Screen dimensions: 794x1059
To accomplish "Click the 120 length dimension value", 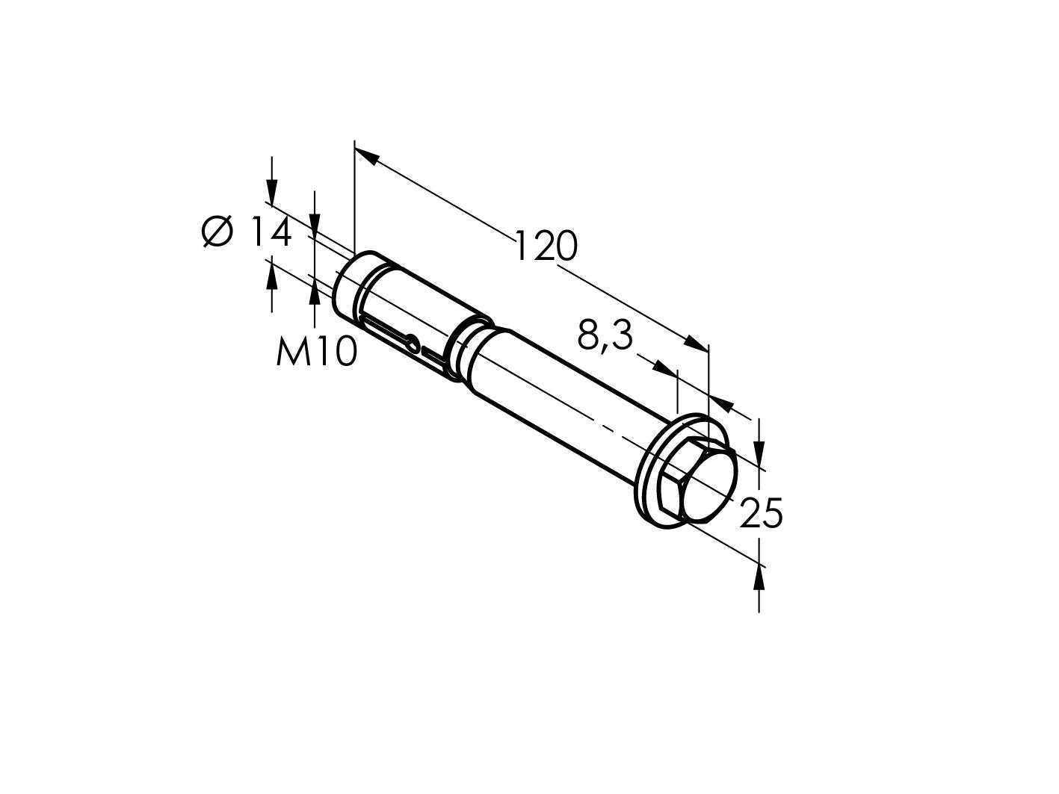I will [546, 246].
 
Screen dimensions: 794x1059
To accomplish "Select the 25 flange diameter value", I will [760, 514].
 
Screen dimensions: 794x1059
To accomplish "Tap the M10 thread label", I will [315, 352].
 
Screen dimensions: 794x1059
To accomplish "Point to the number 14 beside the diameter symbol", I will [268, 232].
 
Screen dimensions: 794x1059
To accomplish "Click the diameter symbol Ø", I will [217, 232].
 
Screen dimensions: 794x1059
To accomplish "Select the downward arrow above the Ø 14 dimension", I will [272, 191].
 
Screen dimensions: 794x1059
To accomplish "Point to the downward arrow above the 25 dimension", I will [759, 452].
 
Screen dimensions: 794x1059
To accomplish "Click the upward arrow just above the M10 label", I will [315, 292].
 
